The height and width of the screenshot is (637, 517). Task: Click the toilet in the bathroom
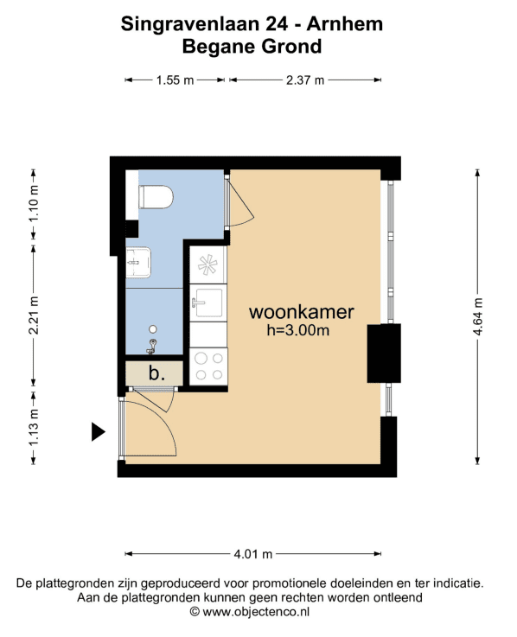(156, 197)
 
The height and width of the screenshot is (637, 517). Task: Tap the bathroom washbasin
(138, 263)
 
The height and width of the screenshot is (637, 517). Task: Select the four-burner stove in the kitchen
(208, 366)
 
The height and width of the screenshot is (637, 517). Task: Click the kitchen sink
(208, 303)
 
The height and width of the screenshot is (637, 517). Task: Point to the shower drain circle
(153, 329)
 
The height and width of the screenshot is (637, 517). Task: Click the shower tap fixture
(152, 346)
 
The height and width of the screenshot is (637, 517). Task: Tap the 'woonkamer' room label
(301, 312)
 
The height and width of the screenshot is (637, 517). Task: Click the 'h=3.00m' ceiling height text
(298, 330)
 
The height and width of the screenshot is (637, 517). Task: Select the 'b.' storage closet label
(156, 373)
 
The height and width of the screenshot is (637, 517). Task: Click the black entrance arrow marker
(98, 431)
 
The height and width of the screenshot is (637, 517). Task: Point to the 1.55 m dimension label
(175, 80)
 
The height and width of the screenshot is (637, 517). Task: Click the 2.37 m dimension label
(305, 80)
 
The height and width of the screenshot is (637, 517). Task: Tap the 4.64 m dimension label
(478, 316)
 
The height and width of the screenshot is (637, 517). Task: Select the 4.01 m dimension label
(252, 554)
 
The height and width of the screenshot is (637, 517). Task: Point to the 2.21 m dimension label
(34, 315)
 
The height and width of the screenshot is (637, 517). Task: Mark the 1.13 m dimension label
(34, 427)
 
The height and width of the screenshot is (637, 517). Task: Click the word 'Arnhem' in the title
(345, 24)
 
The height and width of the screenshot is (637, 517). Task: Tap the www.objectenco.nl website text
(256, 611)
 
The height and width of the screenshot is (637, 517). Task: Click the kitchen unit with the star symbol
(208, 264)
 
